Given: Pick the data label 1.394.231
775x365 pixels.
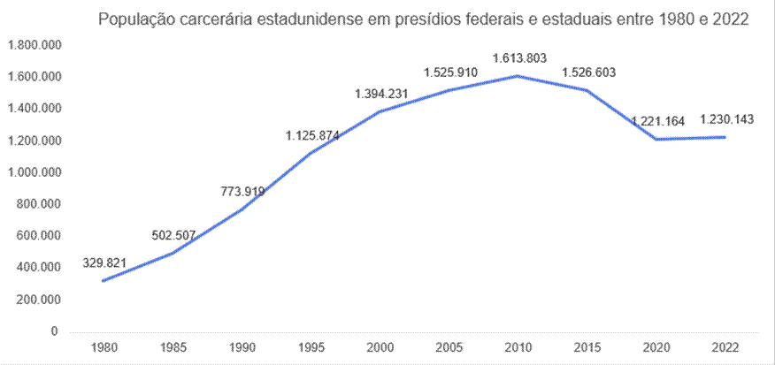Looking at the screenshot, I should click(x=381, y=93).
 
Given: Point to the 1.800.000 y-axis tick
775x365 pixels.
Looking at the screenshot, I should click(x=33, y=45).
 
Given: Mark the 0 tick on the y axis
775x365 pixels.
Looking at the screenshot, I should click(x=54, y=331).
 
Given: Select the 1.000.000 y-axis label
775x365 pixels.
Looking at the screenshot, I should click(x=33, y=172).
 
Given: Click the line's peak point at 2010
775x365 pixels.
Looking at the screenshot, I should click(x=518, y=76).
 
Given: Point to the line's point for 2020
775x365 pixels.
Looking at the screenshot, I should click(x=656, y=139).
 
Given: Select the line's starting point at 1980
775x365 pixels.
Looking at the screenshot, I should click(x=104, y=281).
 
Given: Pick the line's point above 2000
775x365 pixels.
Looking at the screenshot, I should click(x=380, y=111).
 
